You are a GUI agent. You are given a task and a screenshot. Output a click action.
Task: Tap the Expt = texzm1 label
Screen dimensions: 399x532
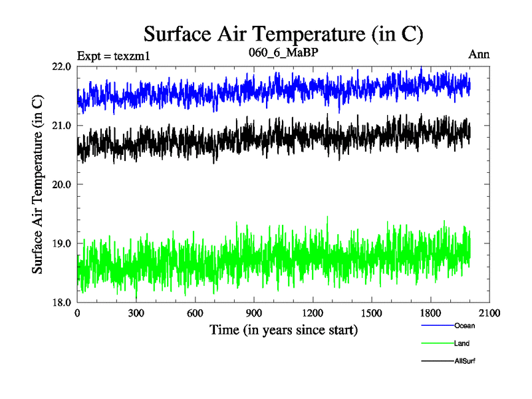click(114, 55)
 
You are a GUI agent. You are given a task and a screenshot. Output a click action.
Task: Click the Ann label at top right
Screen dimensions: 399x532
click(479, 55)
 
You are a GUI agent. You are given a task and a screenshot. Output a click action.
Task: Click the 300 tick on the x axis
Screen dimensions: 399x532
click(136, 313)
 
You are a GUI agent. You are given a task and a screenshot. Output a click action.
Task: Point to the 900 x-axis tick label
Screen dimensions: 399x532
click(254, 313)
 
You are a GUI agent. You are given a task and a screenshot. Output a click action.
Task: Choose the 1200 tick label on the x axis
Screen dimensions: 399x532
click(313, 313)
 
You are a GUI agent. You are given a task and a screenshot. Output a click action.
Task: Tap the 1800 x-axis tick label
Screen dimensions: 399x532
click(430, 313)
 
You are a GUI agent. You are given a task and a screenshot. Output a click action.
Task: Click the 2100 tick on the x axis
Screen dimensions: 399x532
click(489, 313)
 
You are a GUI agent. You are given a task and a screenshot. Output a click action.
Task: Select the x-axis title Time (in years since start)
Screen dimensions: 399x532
click(283, 329)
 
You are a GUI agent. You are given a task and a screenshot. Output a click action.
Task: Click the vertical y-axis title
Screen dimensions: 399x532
click(38, 184)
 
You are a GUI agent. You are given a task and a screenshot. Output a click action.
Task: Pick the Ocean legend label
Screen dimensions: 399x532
click(464, 326)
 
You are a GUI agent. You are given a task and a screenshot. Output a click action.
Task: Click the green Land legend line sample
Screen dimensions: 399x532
click(437, 343)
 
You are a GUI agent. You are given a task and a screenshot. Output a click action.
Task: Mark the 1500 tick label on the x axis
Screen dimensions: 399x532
click(371, 313)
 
